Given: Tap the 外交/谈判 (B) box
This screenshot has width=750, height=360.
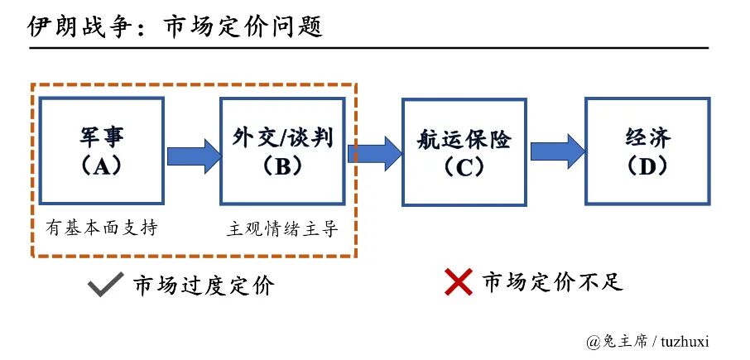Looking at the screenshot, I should click(x=282, y=150).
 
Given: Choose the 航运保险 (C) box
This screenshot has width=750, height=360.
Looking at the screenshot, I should click(x=464, y=151).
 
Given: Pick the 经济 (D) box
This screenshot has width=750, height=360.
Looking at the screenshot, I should click(x=647, y=150).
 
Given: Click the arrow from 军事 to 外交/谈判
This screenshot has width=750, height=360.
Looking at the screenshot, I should click(x=192, y=156).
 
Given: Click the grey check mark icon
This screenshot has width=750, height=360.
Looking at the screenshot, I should click(x=107, y=285).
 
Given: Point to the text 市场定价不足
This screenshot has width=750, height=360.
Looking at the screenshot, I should click(x=552, y=282).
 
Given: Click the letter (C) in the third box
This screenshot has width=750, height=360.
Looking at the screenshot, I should click(x=464, y=168).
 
